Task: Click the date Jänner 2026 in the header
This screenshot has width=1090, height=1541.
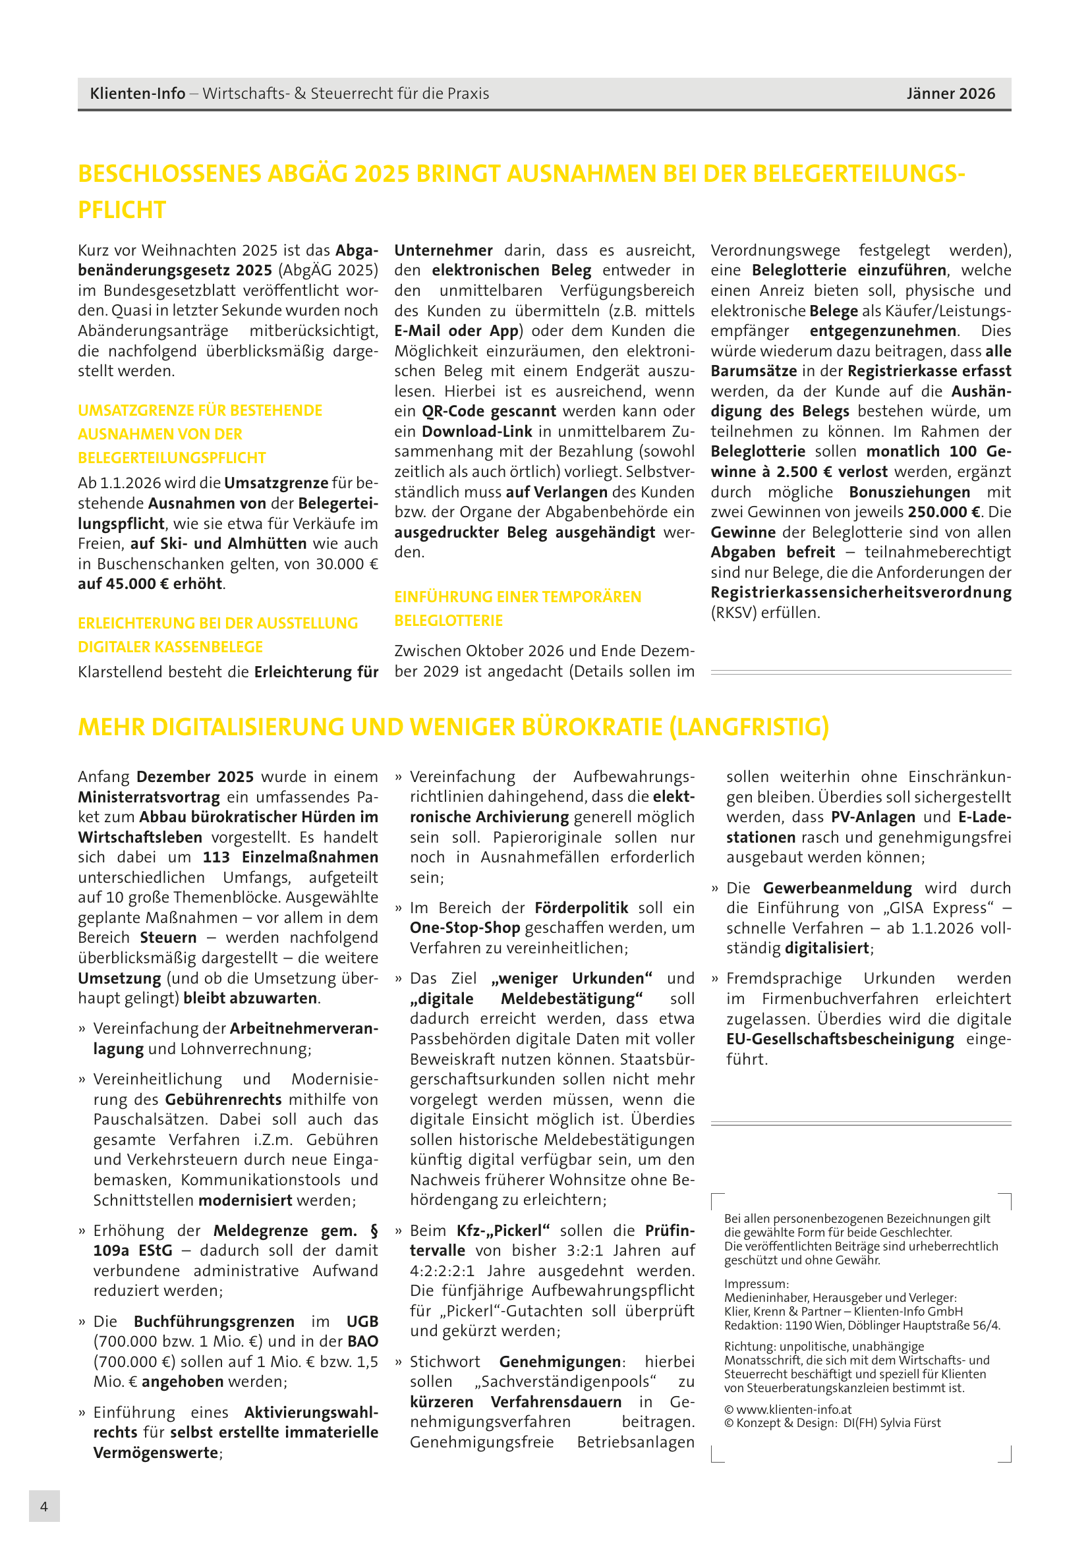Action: point(950,94)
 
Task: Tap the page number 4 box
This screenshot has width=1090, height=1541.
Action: point(44,1506)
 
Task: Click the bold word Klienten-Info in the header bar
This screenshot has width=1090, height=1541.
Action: point(138,94)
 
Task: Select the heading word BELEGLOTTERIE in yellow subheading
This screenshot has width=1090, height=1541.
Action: point(447,621)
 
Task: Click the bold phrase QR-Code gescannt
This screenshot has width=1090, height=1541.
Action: point(488,411)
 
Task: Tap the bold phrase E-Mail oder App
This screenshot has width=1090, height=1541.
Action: point(457,331)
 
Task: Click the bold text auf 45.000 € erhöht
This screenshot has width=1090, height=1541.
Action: point(150,584)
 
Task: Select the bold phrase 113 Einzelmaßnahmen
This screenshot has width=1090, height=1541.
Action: point(290,857)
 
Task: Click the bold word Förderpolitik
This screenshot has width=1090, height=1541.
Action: point(581,907)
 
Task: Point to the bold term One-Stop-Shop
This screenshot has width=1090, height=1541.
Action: point(465,928)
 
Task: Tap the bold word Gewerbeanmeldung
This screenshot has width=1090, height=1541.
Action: point(837,888)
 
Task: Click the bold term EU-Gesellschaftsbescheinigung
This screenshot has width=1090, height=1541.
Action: point(840,1039)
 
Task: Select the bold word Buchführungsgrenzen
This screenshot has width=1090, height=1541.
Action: point(214,1321)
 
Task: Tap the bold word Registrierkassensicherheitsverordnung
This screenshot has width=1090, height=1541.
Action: point(861,593)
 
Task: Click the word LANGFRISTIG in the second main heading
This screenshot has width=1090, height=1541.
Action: point(749,727)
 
